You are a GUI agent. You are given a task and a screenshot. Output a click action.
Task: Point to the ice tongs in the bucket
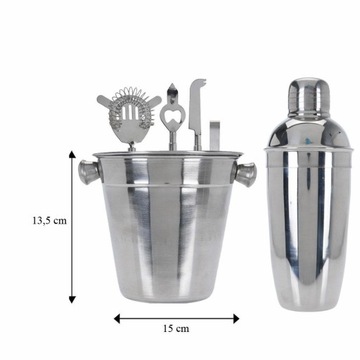click(x=213, y=134)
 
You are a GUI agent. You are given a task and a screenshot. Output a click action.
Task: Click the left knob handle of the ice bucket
click(x=87, y=171)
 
